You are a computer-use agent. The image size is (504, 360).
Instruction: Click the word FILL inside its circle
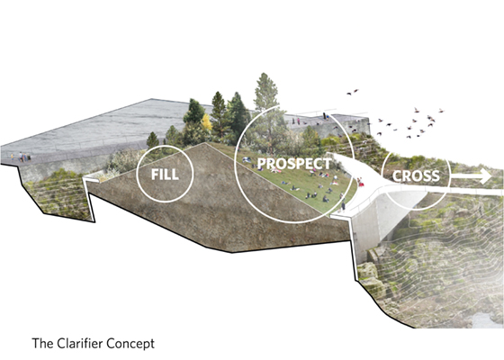pos(165,175)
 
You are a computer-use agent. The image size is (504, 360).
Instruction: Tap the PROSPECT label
pos(294,164)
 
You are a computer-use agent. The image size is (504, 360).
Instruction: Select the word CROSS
pos(416,176)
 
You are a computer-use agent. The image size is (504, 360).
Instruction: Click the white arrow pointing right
pos(471,176)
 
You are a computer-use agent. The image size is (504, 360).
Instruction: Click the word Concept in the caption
pos(131,344)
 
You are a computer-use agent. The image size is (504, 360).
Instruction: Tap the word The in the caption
pos(43,343)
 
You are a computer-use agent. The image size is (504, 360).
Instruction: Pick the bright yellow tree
pos(206,122)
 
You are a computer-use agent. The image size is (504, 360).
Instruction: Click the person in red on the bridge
pos(360,182)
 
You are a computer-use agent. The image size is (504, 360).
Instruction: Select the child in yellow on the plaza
pos(13,157)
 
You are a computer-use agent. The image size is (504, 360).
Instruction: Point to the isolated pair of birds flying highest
pos(353,92)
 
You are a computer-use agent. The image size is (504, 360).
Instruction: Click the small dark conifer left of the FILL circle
pos(152,140)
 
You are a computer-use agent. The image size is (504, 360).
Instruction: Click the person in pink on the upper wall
pos(298,121)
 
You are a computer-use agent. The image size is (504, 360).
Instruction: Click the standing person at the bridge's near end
pos(343,204)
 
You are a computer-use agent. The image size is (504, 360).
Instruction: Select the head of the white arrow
pos(485,176)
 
